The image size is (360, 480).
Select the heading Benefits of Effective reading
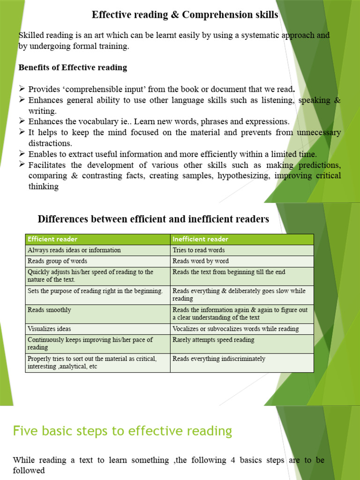(x=73, y=67)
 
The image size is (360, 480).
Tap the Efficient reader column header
(x=52, y=240)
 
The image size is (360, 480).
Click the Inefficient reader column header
(x=200, y=240)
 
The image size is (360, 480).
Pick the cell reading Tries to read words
(x=198, y=250)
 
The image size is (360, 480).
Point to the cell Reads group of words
(x=57, y=261)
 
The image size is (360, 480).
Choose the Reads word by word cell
(x=201, y=261)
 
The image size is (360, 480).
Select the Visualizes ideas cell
(x=49, y=329)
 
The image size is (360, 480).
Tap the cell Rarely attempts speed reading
(x=213, y=340)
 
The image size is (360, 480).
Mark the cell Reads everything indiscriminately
(x=218, y=359)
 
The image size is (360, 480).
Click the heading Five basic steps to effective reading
(x=122, y=431)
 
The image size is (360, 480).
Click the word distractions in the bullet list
(x=50, y=143)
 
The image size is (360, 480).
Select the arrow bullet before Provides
(x=22, y=89)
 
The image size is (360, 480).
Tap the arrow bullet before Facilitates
(x=22, y=165)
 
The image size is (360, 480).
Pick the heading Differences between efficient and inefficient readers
(x=153, y=219)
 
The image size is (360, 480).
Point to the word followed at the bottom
(x=29, y=470)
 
